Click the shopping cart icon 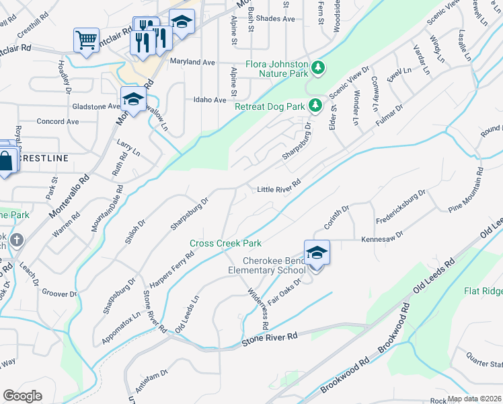(x=86, y=40)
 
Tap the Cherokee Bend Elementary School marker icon (x=317, y=253)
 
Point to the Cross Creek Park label (x=225, y=243)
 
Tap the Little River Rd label (x=278, y=190)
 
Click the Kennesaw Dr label (x=381, y=238)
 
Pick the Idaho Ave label (x=210, y=100)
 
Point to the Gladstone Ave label (x=96, y=106)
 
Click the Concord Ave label (x=58, y=122)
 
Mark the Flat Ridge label (x=483, y=291)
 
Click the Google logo (x=22, y=396)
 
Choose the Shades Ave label (x=276, y=19)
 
